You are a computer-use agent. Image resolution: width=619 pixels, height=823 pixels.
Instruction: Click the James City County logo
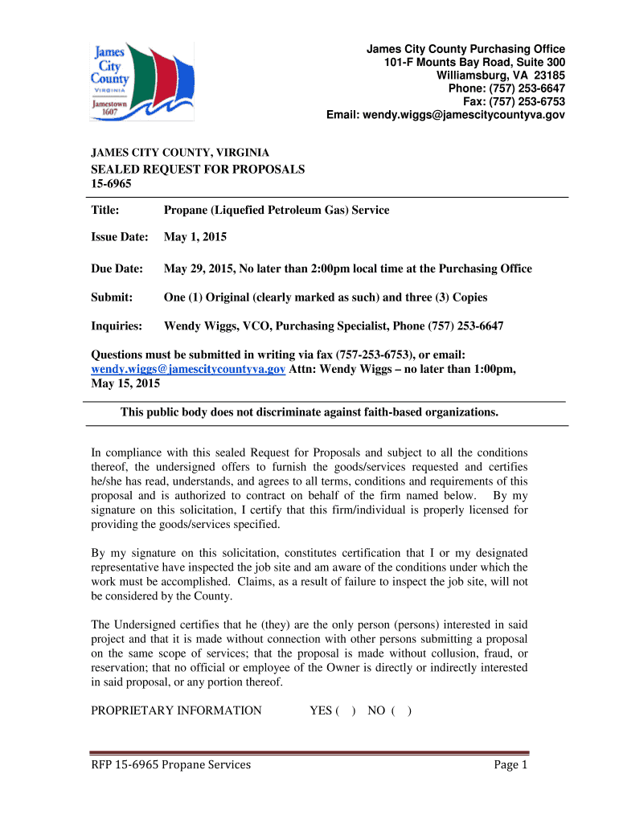pyautogui.click(x=141, y=80)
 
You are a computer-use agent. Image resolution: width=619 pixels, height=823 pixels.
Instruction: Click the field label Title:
pyautogui.click(x=105, y=211)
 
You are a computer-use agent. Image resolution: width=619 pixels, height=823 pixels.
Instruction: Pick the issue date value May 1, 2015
pyautogui.click(x=195, y=238)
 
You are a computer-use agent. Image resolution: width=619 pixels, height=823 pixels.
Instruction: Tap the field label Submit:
pyautogui.click(x=111, y=297)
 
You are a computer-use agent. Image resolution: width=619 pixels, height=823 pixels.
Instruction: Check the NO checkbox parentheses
pyautogui.click(x=402, y=710)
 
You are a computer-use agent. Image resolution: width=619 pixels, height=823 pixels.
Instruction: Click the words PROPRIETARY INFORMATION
pyautogui.click(x=176, y=710)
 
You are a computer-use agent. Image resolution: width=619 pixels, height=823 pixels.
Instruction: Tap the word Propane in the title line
pyautogui.click(x=185, y=211)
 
